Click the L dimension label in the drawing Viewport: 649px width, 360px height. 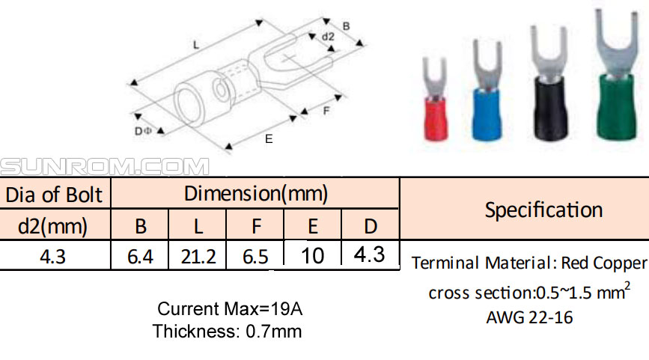click(x=196, y=45)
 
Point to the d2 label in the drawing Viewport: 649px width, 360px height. click(x=328, y=37)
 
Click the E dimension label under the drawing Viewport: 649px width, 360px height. click(x=269, y=139)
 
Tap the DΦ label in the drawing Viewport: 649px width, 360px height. click(x=143, y=131)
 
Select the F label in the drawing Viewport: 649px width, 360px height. click(x=326, y=111)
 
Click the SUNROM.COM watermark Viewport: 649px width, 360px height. click(x=105, y=167)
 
